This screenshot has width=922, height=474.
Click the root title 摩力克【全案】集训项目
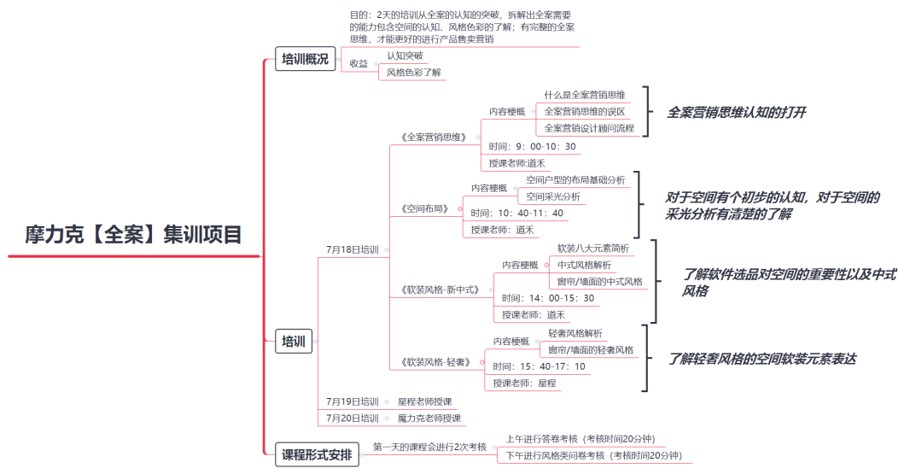(x=133, y=234)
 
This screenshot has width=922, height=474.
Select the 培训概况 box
(x=305, y=59)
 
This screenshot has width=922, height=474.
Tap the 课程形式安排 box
(x=317, y=454)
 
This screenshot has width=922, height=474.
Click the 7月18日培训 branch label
(x=352, y=250)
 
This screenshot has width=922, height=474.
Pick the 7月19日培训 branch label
(x=352, y=401)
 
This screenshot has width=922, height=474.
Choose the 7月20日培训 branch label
(x=352, y=418)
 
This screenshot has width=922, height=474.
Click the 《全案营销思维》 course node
(x=434, y=137)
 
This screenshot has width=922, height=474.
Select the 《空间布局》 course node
(x=425, y=208)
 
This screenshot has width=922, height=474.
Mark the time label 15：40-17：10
(x=539, y=366)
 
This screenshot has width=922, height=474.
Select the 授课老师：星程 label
(x=524, y=383)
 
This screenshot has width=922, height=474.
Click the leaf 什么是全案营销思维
(x=585, y=95)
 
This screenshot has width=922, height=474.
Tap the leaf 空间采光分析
(x=553, y=196)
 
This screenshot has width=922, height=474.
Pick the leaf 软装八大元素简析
(x=593, y=249)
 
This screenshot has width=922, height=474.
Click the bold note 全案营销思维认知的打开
(x=736, y=112)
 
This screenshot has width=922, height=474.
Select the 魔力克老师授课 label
(x=429, y=418)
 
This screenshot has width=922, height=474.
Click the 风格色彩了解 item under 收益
(x=415, y=73)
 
